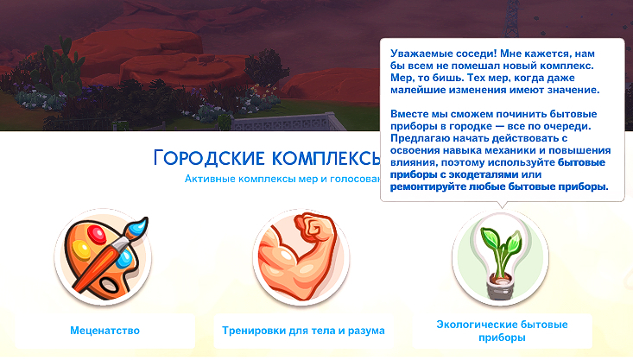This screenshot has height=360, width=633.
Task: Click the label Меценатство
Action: tap(104, 331)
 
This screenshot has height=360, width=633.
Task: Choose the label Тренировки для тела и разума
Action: tap(303, 331)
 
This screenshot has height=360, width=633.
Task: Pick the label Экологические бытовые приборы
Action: tap(502, 331)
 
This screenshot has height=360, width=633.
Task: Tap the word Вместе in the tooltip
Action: tap(408, 114)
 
